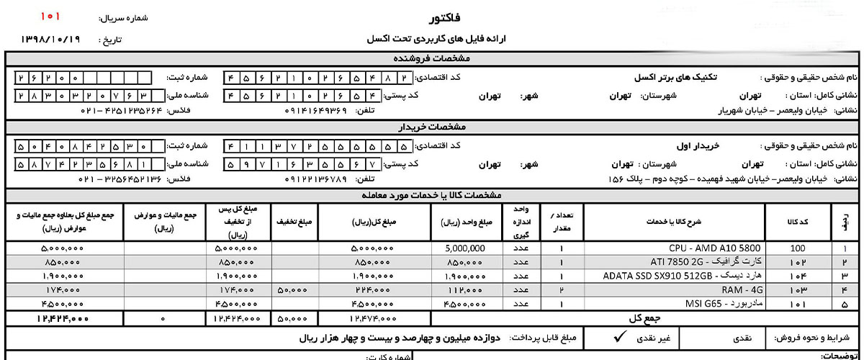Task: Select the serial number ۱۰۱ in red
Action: [x=50, y=15]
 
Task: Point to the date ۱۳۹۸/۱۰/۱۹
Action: [x=50, y=40]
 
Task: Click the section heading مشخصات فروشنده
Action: [x=432, y=58]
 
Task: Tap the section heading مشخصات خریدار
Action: [x=432, y=127]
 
